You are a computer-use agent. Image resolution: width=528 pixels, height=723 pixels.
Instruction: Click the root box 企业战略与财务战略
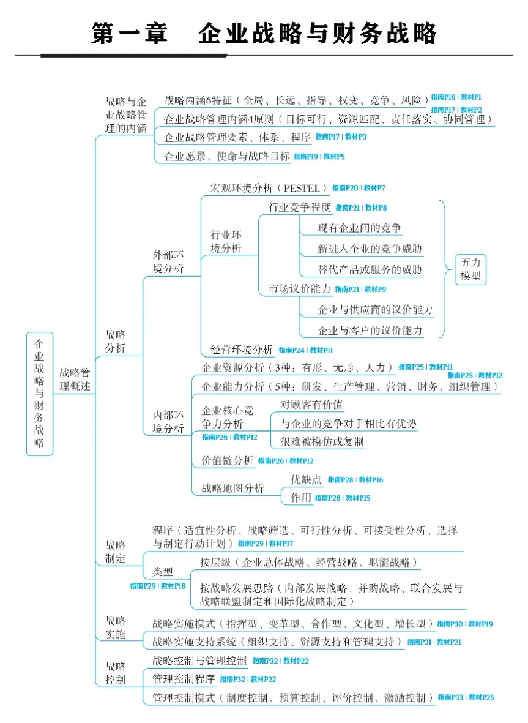40,394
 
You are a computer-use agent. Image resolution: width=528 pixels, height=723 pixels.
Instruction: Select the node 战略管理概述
75,379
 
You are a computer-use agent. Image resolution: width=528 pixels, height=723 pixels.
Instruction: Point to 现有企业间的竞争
360,228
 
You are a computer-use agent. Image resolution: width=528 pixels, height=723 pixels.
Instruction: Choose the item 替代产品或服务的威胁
370,269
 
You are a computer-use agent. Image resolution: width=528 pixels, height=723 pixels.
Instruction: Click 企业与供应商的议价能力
375,310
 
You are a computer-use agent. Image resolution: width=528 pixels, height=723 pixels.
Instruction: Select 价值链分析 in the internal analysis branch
227,460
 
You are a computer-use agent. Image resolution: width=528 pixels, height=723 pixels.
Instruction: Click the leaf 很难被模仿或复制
322,441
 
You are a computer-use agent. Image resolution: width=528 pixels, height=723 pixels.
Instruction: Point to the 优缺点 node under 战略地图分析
306,480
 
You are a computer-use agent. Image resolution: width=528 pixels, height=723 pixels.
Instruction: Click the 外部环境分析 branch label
168,261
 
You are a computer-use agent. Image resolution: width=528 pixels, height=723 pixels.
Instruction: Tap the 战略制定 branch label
115,551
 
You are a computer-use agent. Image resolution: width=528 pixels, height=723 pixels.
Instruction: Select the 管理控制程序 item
184,679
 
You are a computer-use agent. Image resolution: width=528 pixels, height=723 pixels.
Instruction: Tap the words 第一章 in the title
129,33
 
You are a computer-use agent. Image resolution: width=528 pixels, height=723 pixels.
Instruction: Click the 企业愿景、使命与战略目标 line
227,157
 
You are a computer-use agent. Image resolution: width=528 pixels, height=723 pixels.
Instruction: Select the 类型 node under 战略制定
163,572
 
